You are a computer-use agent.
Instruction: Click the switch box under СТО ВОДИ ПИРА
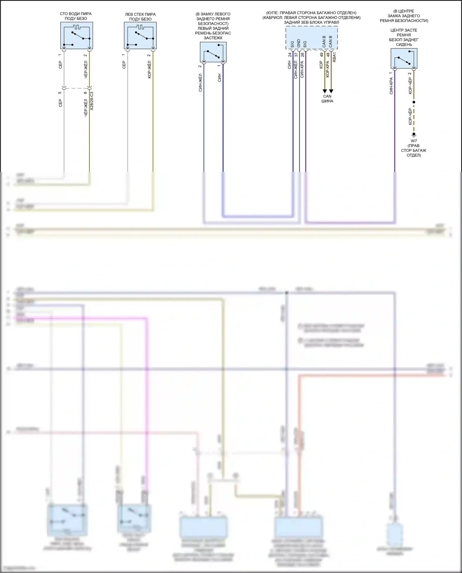(x=77, y=35)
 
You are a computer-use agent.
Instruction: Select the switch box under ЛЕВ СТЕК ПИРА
(x=140, y=36)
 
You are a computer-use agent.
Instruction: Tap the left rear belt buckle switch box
(x=213, y=52)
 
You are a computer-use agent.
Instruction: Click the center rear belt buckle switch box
(x=404, y=59)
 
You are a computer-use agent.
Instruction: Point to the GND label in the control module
(x=298, y=43)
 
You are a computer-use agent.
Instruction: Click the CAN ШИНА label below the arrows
(x=327, y=99)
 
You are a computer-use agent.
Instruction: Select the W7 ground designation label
(x=414, y=141)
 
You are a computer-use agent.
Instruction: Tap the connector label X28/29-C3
(x=91, y=101)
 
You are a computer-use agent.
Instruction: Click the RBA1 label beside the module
(x=334, y=57)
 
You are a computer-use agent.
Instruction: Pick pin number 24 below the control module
(x=290, y=55)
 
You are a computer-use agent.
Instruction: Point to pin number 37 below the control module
(x=296, y=55)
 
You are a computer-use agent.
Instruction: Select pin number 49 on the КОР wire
(x=322, y=55)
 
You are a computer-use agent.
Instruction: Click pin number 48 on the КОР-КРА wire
(x=328, y=55)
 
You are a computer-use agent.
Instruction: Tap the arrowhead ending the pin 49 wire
(x=325, y=91)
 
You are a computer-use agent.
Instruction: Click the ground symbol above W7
(x=414, y=135)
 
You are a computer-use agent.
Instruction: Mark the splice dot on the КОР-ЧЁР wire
(x=414, y=102)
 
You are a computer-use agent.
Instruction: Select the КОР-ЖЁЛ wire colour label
(x=149, y=69)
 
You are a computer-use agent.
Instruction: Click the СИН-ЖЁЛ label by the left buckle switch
(x=200, y=83)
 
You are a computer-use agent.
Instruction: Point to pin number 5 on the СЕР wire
(x=60, y=93)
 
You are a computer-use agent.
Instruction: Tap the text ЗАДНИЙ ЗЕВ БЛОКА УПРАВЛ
(x=311, y=22)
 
